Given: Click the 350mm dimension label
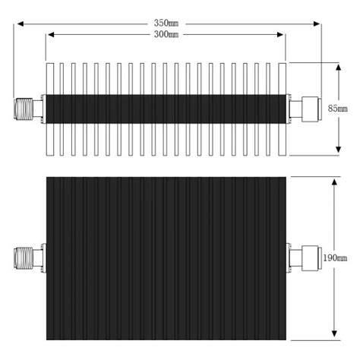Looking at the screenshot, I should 166,23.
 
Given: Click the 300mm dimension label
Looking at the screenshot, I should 166,34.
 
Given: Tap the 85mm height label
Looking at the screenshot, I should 336,109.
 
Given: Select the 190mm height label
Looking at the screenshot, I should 335,258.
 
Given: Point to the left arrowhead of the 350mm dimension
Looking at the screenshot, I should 20,24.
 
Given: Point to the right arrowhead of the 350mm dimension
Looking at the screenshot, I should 319,24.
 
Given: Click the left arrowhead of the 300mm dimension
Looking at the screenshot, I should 49,35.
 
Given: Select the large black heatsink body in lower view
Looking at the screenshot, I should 166,258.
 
